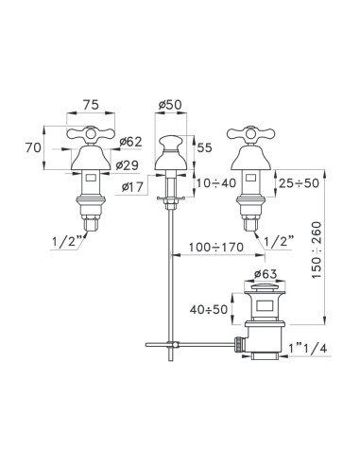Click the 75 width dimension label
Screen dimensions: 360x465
pyautogui.click(x=91, y=105)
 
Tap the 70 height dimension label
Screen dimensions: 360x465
pyautogui.click(x=33, y=147)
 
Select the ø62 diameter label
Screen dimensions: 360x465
pyautogui.click(x=130, y=142)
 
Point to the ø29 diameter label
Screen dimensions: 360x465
pyautogui.click(x=127, y=165)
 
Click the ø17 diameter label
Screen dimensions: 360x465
pyautogui.click(x=132, y=187)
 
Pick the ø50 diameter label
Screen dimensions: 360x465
pyautogui.click(x=170, y=105)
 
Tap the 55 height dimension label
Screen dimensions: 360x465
pyautogui.click(x=205, y=147)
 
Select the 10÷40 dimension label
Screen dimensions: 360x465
pyautogui.click(x=216, y=182)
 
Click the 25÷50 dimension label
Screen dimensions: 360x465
pyautogui.click(x=300, y=182)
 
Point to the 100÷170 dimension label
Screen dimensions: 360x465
pyautogui.click(x=216, y=248)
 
